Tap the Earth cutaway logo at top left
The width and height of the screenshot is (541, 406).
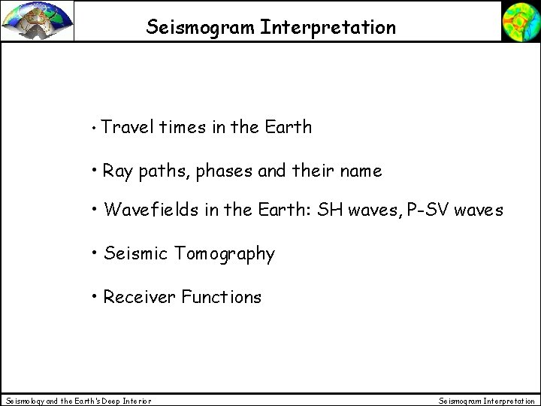(37, 20)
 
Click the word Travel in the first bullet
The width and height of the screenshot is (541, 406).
(125, 128)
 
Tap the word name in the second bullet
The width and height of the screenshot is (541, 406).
(361, 171)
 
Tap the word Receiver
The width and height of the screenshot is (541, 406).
(138, 297)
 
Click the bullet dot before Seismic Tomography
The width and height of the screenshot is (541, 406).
(95, 253)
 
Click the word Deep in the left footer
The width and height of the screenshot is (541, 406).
(102, 401)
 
